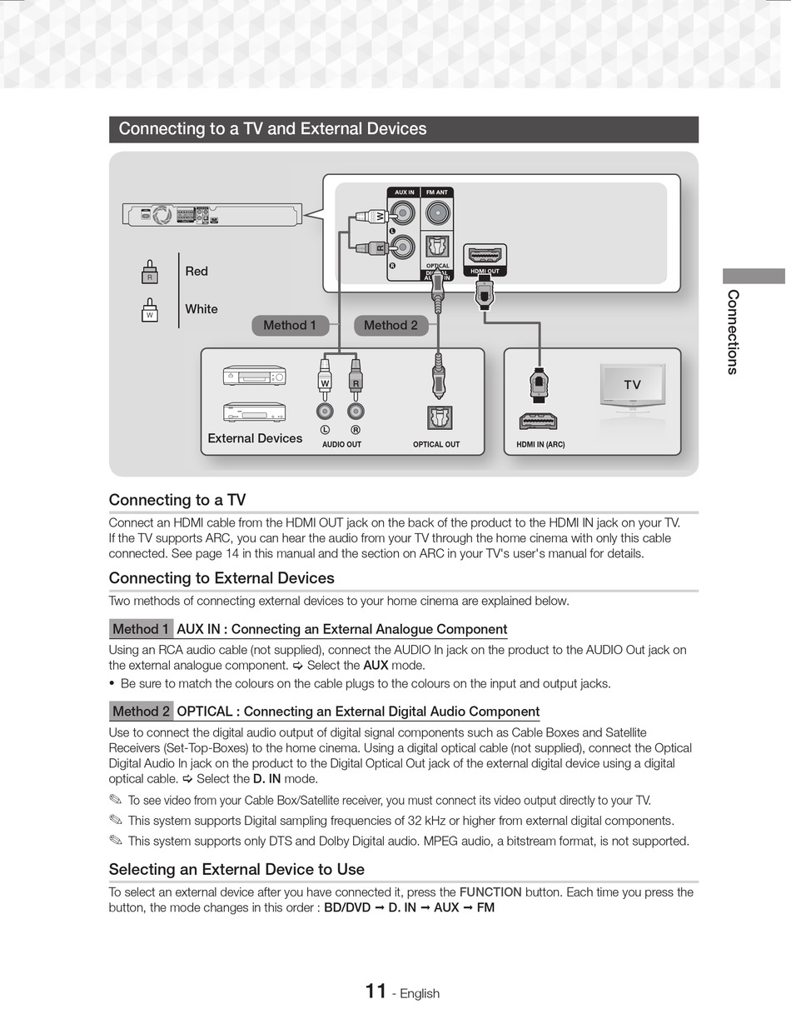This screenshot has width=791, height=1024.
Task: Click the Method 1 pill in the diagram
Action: click(x=290, y=326)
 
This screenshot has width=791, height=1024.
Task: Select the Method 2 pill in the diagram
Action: click(x=391, y=326)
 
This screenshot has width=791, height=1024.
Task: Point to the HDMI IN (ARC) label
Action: click(x=540, y=445)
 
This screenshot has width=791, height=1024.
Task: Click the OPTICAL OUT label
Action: click(x=436, y=445)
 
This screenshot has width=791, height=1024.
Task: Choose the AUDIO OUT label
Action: click(x=341, y=445)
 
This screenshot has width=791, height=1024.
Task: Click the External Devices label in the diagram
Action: click(x=255, y=438)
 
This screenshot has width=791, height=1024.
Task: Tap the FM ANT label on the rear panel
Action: click(x=437, y=192)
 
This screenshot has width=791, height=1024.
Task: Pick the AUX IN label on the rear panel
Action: click(x=404, y=192)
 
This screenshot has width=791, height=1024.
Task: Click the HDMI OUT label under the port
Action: click(x=485, y=272)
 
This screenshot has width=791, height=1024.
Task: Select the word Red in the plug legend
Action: click(x=197, y=272)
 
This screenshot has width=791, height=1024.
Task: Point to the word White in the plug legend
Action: click(x=201, y=309)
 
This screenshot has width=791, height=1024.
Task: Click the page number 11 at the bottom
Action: click(x=376, y=992)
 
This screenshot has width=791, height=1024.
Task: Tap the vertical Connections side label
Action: click(x=733, y=332)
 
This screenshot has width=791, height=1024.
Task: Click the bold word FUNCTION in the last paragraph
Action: click(x=490, y=892)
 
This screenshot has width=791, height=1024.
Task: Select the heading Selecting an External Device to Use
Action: click(x=236, y=870)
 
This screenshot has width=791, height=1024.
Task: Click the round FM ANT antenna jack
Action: click(x=437, y=215)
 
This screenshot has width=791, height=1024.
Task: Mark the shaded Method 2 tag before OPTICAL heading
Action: click(x=141, y=712)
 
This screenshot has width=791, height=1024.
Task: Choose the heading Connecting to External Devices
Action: click(x=221, y=578)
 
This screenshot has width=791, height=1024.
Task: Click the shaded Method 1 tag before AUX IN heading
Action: click(x=141, y=629)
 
